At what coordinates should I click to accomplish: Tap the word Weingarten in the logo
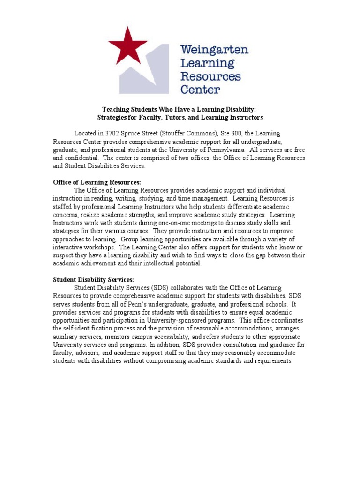[x=214, y=50]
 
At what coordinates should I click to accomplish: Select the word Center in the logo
[x=200, y=89]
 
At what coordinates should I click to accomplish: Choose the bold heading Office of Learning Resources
[x=97, y=182]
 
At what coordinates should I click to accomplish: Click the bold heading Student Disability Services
[x=93, y=279]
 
